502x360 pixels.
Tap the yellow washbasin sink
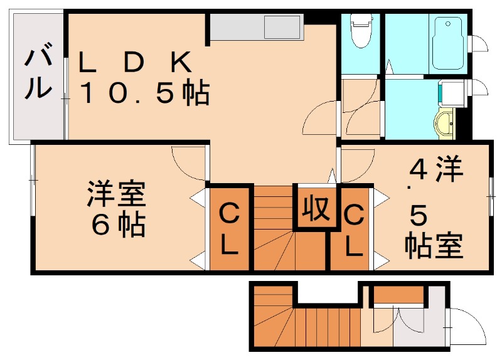pyautogui.click(x=446, y=122)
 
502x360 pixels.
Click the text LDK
pyautogui.click(x=134, y=62)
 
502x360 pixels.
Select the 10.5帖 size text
pyautogui.click(x=144, y=95)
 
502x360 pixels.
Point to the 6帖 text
pyautogui.click(x=117, y=225)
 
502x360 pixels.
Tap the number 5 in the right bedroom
pyautogui.click(x=419, y=215)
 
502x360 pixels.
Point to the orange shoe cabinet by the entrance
pyautogui.click(x=398, y=294)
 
